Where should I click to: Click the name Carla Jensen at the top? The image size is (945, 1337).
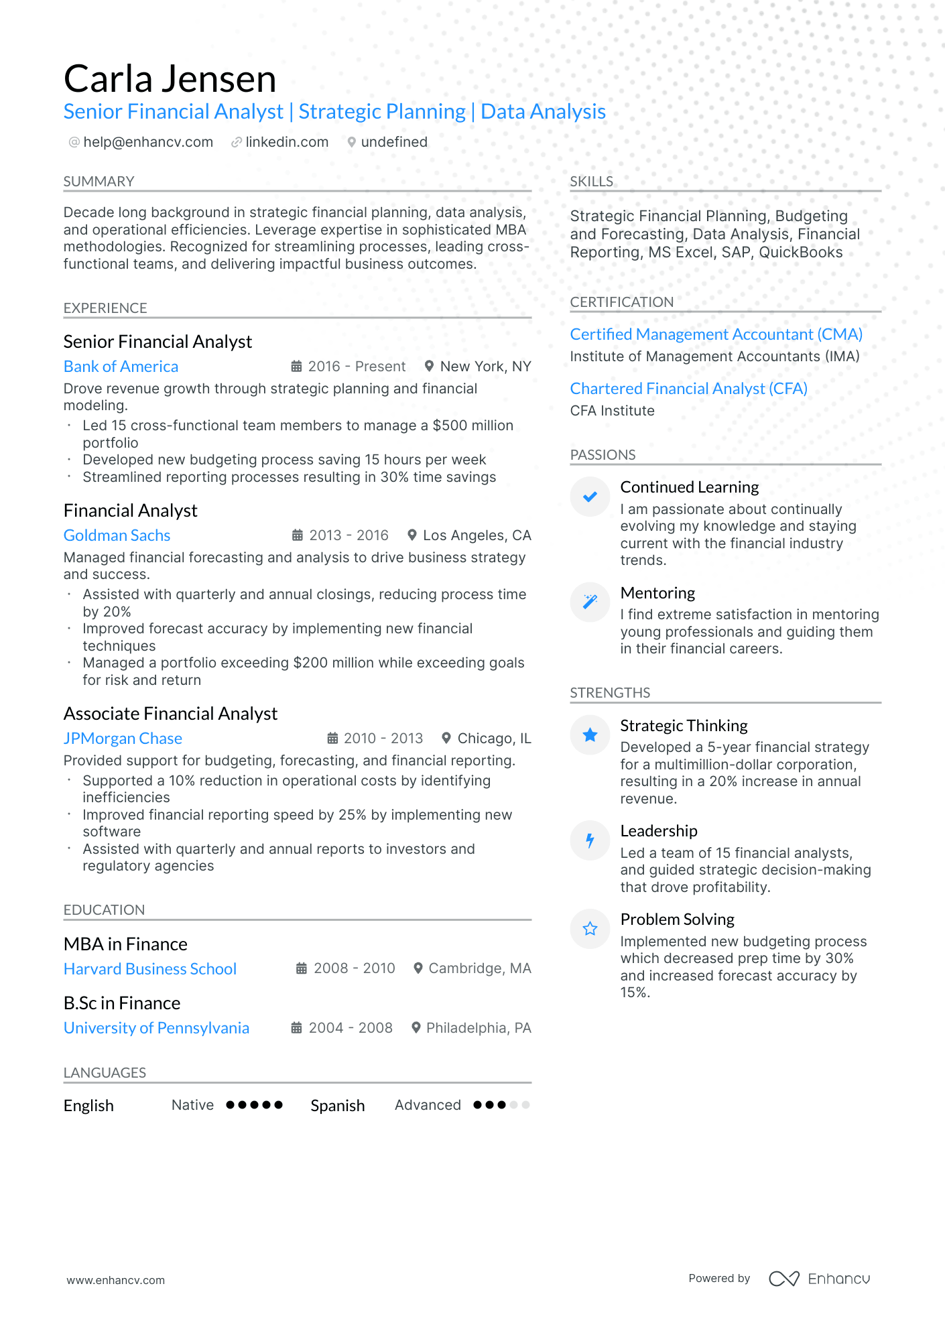tap(170, 79)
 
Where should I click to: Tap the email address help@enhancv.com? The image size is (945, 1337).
tap(147, 142)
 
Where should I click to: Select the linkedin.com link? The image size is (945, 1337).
tap(286, 142)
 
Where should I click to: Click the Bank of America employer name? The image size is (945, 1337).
tap(121, 367)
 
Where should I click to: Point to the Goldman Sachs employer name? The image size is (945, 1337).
tap(117, 535)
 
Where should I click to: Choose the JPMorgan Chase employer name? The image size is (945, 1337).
tap(123, 739)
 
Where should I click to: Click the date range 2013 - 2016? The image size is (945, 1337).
tap(349, 535)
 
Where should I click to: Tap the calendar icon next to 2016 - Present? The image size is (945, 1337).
tap(296, 367)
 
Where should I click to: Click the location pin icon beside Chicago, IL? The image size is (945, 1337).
tap(446, 739)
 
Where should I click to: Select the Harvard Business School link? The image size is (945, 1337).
tap(150, 969)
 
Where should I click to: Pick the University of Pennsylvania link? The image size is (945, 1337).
tap(156, 1028)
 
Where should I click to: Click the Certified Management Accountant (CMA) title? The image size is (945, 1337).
tap(716, 334)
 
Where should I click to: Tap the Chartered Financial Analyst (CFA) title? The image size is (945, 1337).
tap(688, 389)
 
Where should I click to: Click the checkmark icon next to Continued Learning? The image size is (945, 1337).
tap(590, 497)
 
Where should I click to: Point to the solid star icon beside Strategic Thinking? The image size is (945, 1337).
tap(590, 735)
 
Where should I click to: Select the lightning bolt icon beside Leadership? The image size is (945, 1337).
tap(590, 840)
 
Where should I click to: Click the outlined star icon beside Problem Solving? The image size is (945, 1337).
tap(590, 929)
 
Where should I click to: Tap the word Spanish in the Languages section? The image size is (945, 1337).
tap(337, 1106)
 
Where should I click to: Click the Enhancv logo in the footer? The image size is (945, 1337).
tap(819, 1279)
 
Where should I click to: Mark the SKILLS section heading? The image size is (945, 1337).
tap(591, 182)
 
